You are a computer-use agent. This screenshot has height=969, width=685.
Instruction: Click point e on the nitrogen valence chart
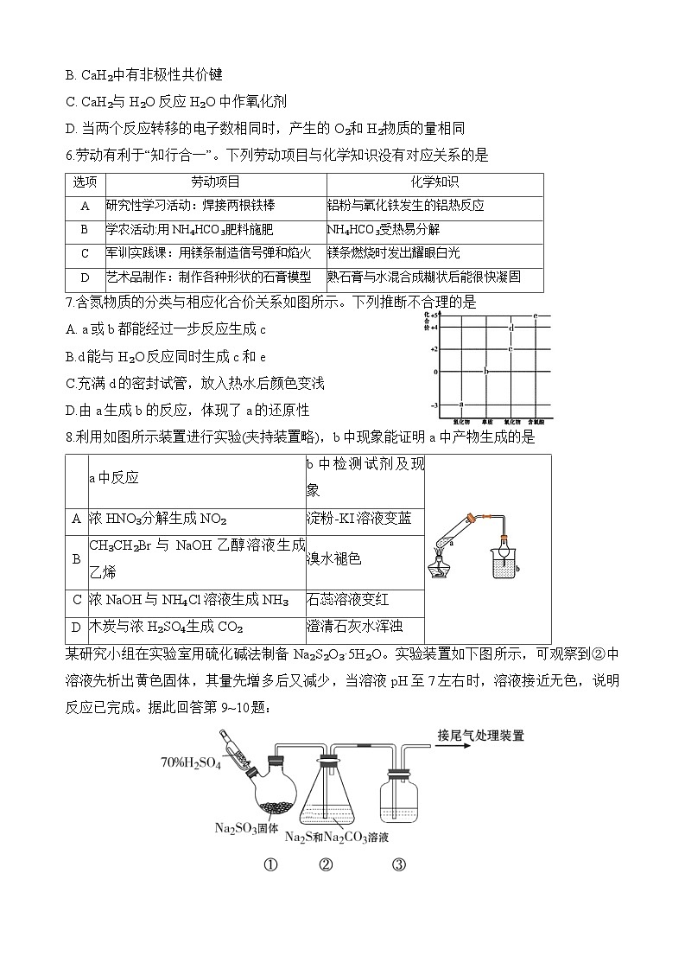536,316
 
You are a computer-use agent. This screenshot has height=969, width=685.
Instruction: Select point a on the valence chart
461,404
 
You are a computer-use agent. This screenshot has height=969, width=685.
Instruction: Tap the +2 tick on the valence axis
435,349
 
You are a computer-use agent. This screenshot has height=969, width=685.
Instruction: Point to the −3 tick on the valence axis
434,405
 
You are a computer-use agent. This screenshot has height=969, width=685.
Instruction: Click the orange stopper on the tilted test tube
471,519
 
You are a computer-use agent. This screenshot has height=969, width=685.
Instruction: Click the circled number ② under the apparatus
326,864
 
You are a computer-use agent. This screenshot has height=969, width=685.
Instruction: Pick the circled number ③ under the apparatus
399,864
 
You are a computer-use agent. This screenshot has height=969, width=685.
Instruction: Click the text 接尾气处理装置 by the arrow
481,736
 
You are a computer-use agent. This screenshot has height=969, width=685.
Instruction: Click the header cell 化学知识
434,182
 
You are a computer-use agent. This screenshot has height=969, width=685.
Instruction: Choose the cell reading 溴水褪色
331,559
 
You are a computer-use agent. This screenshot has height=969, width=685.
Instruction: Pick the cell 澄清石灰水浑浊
354,626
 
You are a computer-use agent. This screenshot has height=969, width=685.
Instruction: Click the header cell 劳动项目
215,182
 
